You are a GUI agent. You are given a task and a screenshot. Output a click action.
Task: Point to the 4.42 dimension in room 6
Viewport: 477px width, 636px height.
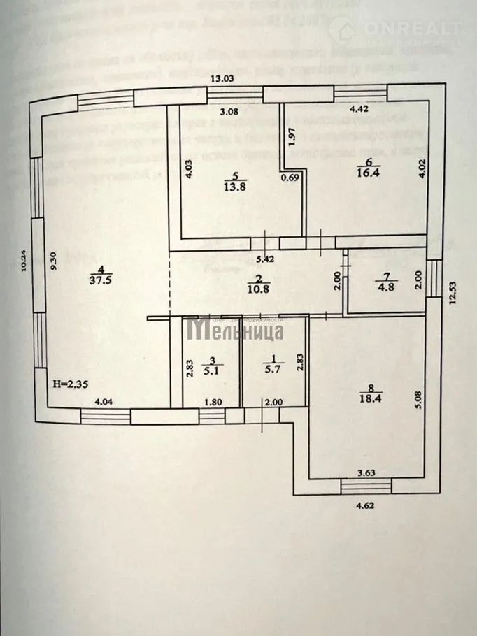tap(358, 109)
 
